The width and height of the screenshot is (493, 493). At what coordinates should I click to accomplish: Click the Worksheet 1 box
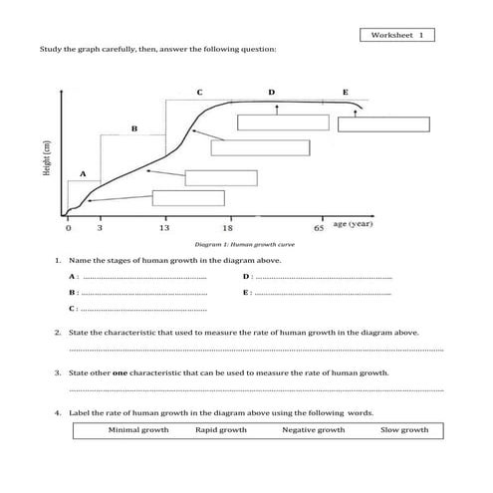(396, 35)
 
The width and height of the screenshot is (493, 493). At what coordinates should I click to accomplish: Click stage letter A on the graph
(83, 173)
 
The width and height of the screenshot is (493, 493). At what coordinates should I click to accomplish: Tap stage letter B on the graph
(133, 127)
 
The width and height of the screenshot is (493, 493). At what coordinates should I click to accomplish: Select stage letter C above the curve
(199, 92)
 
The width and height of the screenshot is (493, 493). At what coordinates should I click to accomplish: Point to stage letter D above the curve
(271, 92)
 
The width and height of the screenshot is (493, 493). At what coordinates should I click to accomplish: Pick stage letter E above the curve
(346, 92)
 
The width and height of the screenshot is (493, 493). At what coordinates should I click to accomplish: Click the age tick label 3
(100, 228)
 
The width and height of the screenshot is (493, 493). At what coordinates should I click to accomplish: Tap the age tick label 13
(163, 228)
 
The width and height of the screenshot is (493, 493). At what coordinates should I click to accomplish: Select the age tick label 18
(228, 228)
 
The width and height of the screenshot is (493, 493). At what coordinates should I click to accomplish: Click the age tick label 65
(320, 228)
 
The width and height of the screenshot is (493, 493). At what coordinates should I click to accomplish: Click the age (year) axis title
(353, 225)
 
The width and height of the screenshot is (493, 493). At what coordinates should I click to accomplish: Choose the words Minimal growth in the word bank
(138, 430)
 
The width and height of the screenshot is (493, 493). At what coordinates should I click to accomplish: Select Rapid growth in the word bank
(221, 430)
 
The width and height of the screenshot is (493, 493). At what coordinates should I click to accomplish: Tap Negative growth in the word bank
(313, 430)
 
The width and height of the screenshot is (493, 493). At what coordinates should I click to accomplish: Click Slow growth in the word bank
(404, 430)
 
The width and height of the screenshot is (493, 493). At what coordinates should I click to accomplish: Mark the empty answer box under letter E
(383, 124)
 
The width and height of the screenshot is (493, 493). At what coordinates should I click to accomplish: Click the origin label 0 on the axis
(68, 228)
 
